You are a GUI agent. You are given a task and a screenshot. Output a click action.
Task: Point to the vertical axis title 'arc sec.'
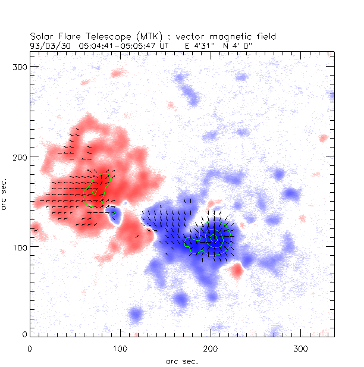point(5,193)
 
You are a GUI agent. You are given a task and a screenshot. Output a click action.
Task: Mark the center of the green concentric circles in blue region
point(213,239)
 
